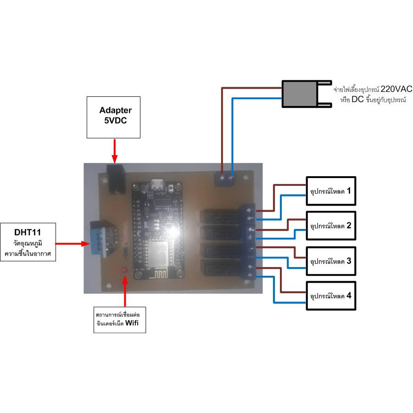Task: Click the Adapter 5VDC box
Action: (113, 117)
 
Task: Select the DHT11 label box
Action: (29, 242)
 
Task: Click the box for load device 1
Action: (330, 189)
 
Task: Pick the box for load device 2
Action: (330, 225)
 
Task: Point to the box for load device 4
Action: (330, 296)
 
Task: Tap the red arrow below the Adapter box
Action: (115, 151)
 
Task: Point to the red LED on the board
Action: (124, 270)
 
